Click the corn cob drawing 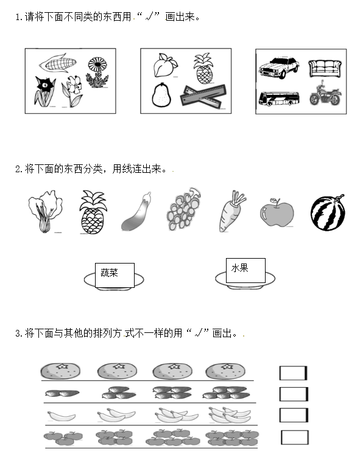click(58, 63)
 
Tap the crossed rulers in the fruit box click(203, 96)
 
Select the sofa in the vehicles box click(325, 69)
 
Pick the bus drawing click(279, 99)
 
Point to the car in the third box click(279, 68)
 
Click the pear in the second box click(161, 95)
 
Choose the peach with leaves click(165, 65)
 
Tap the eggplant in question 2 click(136, 211)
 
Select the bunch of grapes click(183, 209)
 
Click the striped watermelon click(328, 212)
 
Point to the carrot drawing click(232, 211)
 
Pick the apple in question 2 click(277, 212)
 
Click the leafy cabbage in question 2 click(46, 211)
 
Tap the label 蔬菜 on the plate click(109, 273)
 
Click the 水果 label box click(245, 270)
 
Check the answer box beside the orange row click(293, 372)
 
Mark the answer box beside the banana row click(294, 415)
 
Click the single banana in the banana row click(62, 416)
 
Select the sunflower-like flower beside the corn click(97, 72)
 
